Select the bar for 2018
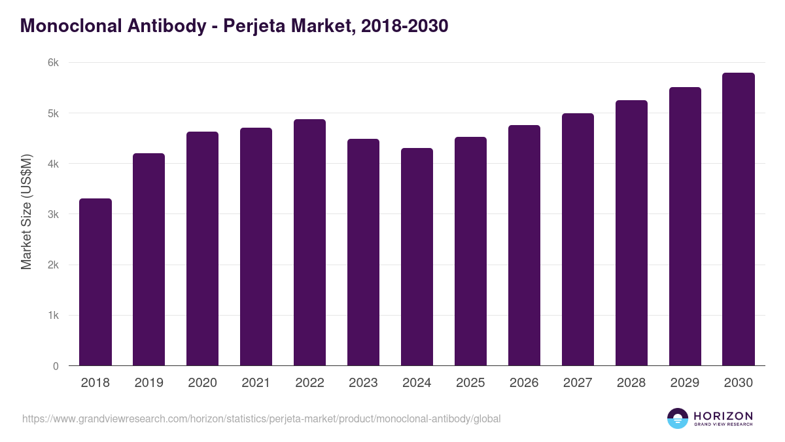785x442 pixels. coord(96,282)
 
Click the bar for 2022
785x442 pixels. coord(309,242)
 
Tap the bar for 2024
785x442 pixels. coord(417,257)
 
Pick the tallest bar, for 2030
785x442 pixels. coord(739,219)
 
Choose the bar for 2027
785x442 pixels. coord(578,240)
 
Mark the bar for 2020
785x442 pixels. coord(202,249)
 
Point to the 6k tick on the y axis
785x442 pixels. coord(53,63)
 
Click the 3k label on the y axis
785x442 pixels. coord(53,214)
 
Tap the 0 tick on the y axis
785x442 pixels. coord(56,366)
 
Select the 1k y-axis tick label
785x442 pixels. coord(53,316)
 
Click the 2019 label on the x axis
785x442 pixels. coord(149,383)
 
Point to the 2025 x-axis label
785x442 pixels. coord(470,383)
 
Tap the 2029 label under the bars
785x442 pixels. coord(685,383)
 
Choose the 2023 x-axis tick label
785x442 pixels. coord(363,383)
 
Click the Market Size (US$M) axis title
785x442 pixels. coord(26,212)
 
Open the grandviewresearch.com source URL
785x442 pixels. coord(262,418)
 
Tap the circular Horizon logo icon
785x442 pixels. coord(678,418)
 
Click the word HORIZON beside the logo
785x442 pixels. coord(723,415)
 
